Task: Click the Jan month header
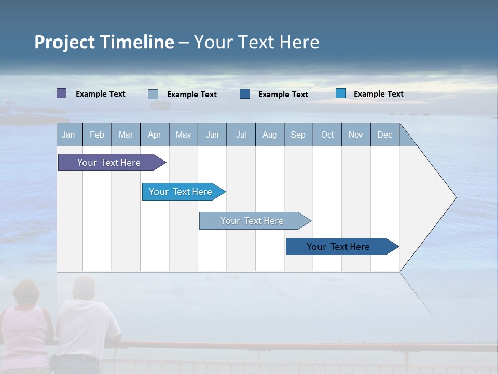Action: point(68,135)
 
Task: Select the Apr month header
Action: point(154,135)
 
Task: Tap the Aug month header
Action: point(269,135)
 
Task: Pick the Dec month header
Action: point(384,135)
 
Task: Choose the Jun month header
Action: point(212,135)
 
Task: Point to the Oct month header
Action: point(327,135)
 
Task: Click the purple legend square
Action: point(61,94)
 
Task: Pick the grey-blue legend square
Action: point(153,94)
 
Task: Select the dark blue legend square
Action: point(244,94)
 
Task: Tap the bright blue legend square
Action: point(340,94)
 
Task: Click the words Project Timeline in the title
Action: point(104,42)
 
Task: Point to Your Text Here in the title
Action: point(256,42)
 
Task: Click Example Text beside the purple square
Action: point(100,94)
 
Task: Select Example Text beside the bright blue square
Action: point(378,94)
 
